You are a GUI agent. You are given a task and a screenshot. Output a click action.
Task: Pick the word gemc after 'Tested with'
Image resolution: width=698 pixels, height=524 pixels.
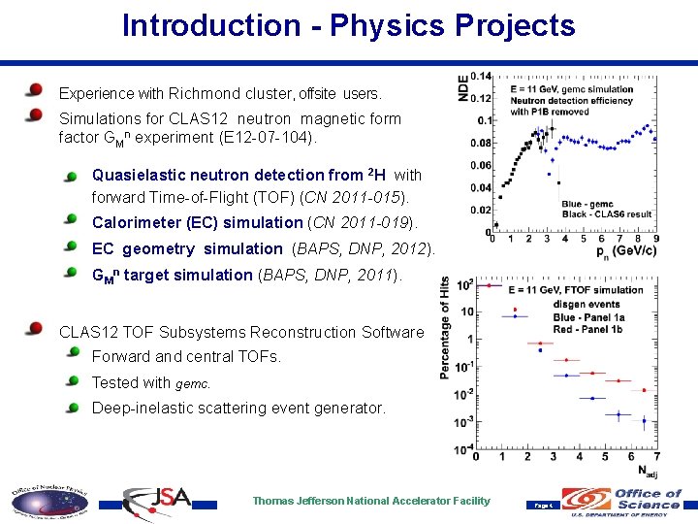[192, 383]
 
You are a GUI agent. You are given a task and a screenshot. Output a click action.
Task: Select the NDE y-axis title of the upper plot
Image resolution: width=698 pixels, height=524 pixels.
[462, 87]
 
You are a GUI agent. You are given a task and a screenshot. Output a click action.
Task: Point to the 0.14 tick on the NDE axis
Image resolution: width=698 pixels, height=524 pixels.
[481, 77]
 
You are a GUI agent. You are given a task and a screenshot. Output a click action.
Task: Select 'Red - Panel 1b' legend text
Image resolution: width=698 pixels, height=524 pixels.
[595, 328]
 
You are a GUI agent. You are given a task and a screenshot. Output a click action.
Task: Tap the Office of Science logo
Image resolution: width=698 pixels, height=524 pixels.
[629, 502]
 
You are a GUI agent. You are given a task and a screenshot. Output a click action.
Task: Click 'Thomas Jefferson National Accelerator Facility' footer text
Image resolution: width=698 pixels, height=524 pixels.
[371, 501]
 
